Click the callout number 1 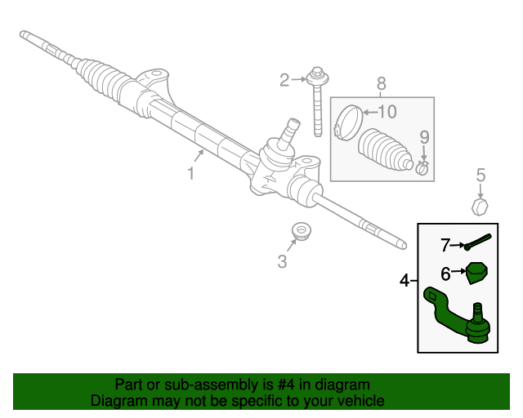(x=191, y=174)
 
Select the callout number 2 (x=284, y=80)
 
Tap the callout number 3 (x=282, y=262)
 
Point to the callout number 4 (x=405, y=281)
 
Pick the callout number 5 (x=481, y=176)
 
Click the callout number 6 (x=445, y=274)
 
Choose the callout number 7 (x=445, y=246)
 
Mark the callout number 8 (x=382, y=83)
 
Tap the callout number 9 (x=424, y=137)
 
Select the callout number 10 (x=387, y=112)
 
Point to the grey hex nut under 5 (x=480, y=207)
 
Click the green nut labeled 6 (x=476, y=273)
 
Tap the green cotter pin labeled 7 (x=477, y=242)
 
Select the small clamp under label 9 (x=422, y=167)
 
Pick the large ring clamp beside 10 (x=349, y=122)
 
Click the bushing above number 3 (x=302, y=231)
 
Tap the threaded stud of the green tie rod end (x=477, y=310)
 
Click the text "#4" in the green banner (x=286, y=385)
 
